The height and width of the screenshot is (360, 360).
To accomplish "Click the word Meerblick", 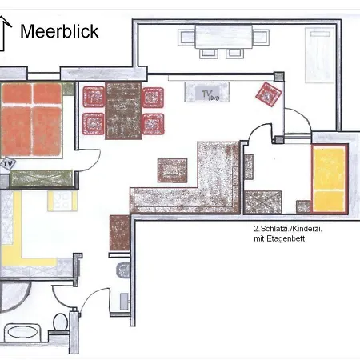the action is (x=59, y=31).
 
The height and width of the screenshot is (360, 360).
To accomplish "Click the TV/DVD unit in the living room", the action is (x=207, y=92).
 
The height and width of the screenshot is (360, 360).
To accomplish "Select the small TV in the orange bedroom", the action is (x=8, y=164).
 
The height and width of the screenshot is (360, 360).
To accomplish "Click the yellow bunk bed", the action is (x=330, y=179).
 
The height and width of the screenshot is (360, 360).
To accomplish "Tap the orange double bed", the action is (x=31, y=119).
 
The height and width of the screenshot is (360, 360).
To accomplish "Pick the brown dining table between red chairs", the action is (x=123, y=110).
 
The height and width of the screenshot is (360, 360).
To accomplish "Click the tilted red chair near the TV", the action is (x=268, y=94).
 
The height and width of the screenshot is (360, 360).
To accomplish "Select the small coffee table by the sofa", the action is (x=172, y=170).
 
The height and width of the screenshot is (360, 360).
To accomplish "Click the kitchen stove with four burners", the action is (x=62, y=201).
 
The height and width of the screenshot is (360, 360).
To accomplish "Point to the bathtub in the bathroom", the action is (x=22, y=332).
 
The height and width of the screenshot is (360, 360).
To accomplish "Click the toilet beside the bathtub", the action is (x=60, y=322).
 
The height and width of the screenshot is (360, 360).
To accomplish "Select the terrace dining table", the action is (x=224, y=37).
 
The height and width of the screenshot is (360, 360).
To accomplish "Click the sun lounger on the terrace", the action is (x=320, y=54).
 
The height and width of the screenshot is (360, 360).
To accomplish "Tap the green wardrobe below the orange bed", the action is (x=42, y=178).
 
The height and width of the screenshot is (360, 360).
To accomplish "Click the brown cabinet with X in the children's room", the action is (x=262, y=202).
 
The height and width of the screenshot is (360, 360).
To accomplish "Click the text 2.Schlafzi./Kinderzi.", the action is (x=288, y=229).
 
